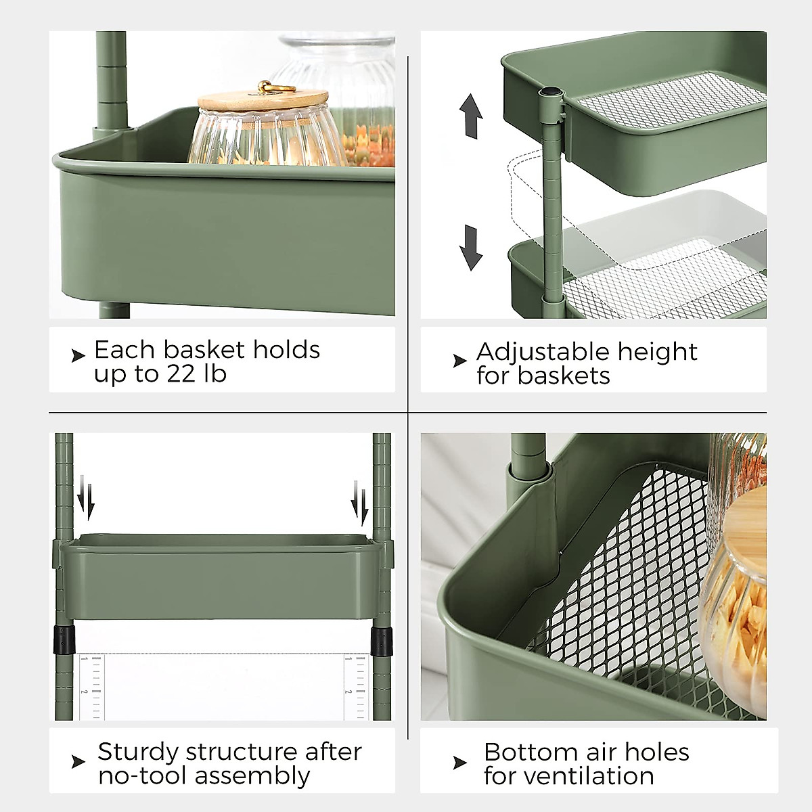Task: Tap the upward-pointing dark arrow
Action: pyautogui.click(x=471, y=116)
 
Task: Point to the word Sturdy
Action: pyautogui.click(x=137, y=752)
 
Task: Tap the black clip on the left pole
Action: pyautogui.click(x=64, y=638)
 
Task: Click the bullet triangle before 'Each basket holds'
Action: pyautogui.click(x=78, y=355)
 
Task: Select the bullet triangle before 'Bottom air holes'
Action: pyautogui.click(x=460, y=763)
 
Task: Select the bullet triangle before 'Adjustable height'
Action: pyautogui.click(x=460, y=361)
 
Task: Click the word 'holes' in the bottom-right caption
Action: pyautogui.click(x=656, y=752)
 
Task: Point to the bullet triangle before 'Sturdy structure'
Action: pyautogui.click(x=78, y=762)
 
